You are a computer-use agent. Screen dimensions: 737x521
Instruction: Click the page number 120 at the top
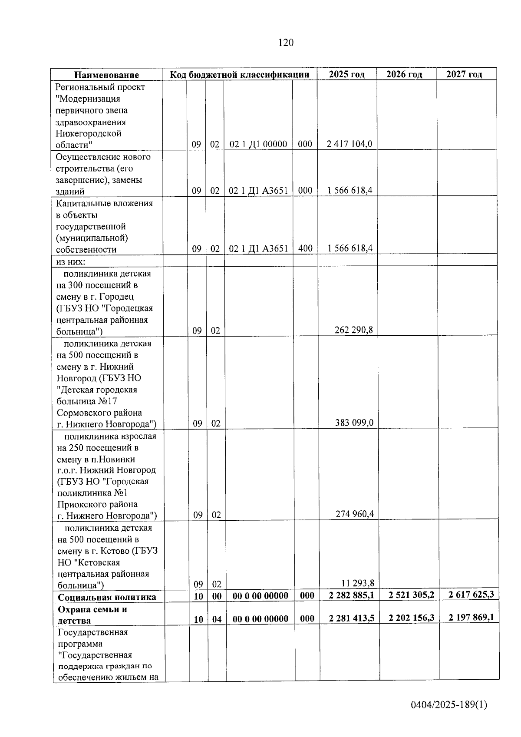click(286, 43)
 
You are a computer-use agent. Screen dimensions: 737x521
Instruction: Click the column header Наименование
click(106, 75)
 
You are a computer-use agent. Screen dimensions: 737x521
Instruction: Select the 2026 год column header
click(404, 74)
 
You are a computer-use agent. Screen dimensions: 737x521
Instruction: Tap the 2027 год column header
click(464, 74)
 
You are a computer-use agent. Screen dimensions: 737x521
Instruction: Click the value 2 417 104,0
click(350, 144)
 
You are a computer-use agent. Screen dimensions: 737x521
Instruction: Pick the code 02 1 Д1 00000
click(258, 144)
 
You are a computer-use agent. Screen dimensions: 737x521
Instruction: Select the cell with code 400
click(305, 248)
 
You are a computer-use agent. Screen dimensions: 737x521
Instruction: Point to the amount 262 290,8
click(353, 330)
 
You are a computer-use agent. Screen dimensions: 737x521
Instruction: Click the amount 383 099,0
click(354, 423)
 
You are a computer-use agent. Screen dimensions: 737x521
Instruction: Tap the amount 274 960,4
click(354, 514)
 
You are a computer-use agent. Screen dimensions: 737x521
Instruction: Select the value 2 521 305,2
click(411, 595)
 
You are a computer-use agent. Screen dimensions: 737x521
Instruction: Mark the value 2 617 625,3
click(471, 594)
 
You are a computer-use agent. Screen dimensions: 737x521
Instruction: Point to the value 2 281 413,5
click(352, 618)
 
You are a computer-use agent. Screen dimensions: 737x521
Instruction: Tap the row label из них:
click(71, 262)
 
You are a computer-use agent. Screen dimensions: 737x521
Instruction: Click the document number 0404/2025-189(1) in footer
click(449, 704)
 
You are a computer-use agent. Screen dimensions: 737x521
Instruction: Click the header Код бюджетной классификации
click(239, 75)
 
